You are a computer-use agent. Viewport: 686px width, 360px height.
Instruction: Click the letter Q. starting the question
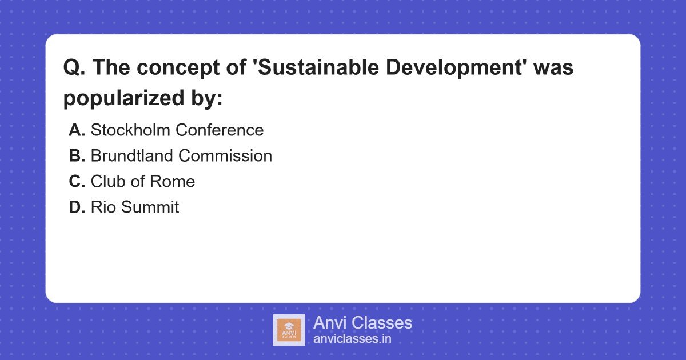tap(74, 68)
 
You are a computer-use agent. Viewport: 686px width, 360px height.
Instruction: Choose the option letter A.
tap(77, 130)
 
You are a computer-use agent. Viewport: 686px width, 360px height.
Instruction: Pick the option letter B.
tap(77, 156)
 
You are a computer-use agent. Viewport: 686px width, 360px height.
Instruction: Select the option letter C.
tap(77, 182)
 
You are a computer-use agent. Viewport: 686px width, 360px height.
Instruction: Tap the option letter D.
tap(77, 207)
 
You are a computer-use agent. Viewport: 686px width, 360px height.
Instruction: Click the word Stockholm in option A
tap(130, 130)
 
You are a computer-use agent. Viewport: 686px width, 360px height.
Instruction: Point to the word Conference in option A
tap(220, 130)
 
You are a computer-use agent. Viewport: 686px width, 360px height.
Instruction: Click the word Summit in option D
tap(150, 207)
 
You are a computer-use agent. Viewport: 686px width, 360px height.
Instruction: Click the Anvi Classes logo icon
tap(289, 330)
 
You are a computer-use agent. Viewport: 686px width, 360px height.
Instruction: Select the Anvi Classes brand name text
tap(362, 323)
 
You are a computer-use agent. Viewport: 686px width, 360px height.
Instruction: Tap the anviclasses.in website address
tap(352, 339)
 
